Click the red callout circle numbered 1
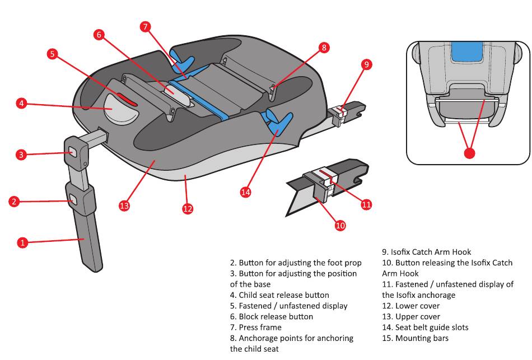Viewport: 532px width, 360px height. [x=22, y=242]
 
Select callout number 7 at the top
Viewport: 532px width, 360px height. [x=145, y=26]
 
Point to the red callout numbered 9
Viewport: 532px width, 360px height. [x=366, y=64]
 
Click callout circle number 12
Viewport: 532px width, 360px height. [x=188, y=208]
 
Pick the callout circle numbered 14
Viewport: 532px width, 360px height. [x=245, y=192]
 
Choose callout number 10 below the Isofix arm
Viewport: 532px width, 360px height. [x=340, y=225]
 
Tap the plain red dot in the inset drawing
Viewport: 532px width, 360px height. [x=469, y=152]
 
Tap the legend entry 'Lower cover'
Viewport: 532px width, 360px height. [x=417, y=306]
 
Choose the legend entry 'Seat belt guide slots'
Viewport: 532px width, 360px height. [x=432, y=327]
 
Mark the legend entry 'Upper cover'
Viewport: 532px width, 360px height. [x=417, y=316]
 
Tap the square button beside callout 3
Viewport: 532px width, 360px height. [x=73, y=150]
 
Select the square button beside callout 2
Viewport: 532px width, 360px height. [x=73, y=197]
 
